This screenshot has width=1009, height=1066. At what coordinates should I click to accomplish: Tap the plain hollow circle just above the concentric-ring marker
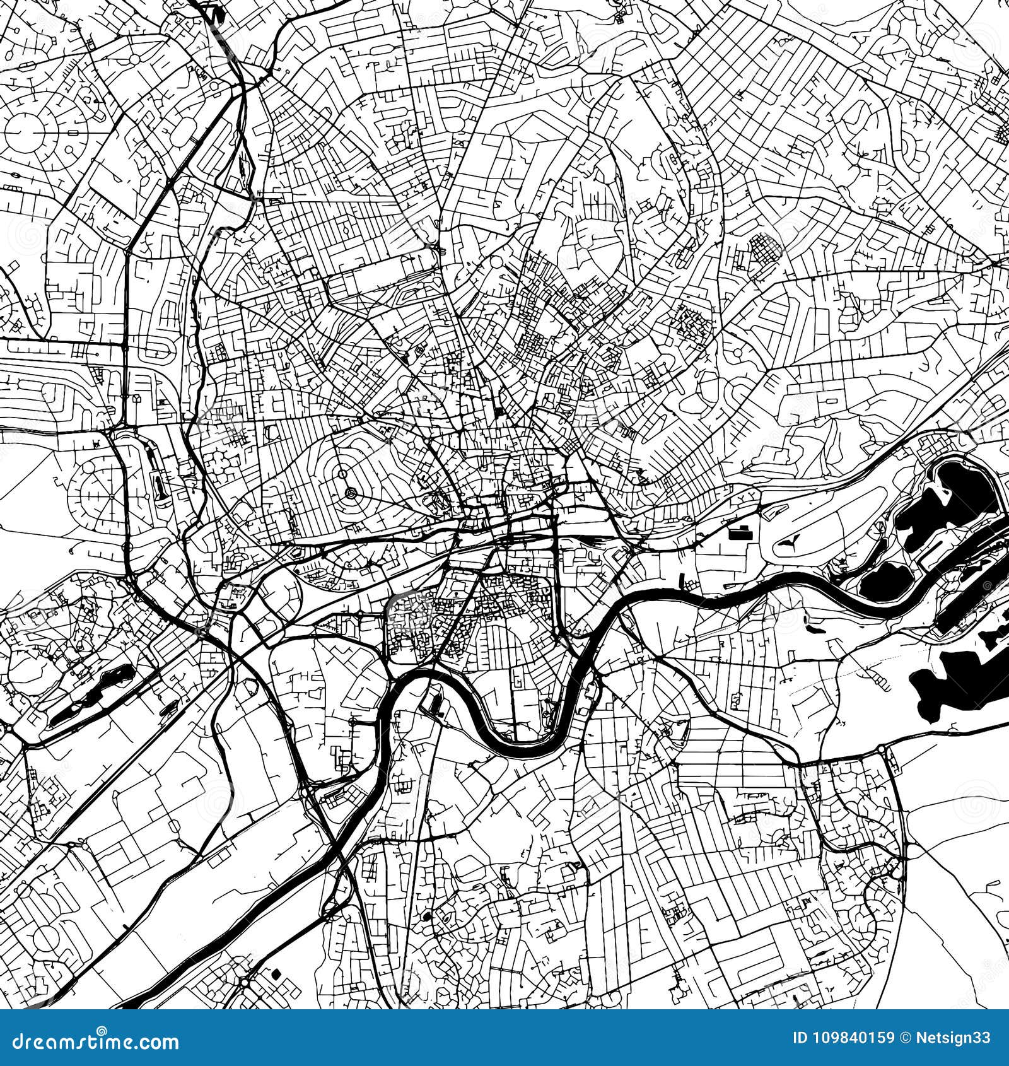point(341,472)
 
